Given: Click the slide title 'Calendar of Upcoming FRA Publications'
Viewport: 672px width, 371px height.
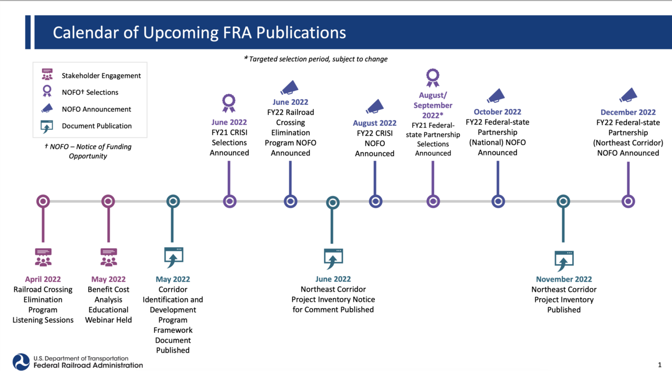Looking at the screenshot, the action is [199, 32].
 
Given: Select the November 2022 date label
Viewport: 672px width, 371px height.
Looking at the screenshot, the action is [564, 279].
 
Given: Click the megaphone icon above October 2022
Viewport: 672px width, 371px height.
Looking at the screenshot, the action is [496, 95].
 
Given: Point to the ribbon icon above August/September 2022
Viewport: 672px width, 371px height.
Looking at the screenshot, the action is [433, 78].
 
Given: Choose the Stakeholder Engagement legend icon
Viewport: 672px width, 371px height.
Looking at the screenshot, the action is [47, 74].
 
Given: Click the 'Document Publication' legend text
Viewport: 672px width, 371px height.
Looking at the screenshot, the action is [97, 126].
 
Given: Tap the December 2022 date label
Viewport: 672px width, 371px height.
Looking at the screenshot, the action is [628, 112].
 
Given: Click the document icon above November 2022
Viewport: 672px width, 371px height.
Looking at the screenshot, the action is [564, 260].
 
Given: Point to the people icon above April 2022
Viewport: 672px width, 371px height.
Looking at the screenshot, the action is [43, 257].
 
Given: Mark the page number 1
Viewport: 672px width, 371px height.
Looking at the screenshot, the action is [659, 365].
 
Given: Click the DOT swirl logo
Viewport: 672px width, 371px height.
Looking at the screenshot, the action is [21, 362].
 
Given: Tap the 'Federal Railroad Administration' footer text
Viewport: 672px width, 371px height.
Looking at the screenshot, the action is [88, 365].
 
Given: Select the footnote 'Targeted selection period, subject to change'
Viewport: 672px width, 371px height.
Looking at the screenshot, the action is [316, 59].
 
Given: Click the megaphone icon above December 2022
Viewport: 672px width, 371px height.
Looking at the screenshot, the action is [628, 95].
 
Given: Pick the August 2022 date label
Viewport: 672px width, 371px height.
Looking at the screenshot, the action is [374, 123].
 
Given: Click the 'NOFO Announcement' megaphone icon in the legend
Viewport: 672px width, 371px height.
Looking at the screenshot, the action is [47, 108].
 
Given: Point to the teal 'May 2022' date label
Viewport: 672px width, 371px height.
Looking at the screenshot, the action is [173, 279].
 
